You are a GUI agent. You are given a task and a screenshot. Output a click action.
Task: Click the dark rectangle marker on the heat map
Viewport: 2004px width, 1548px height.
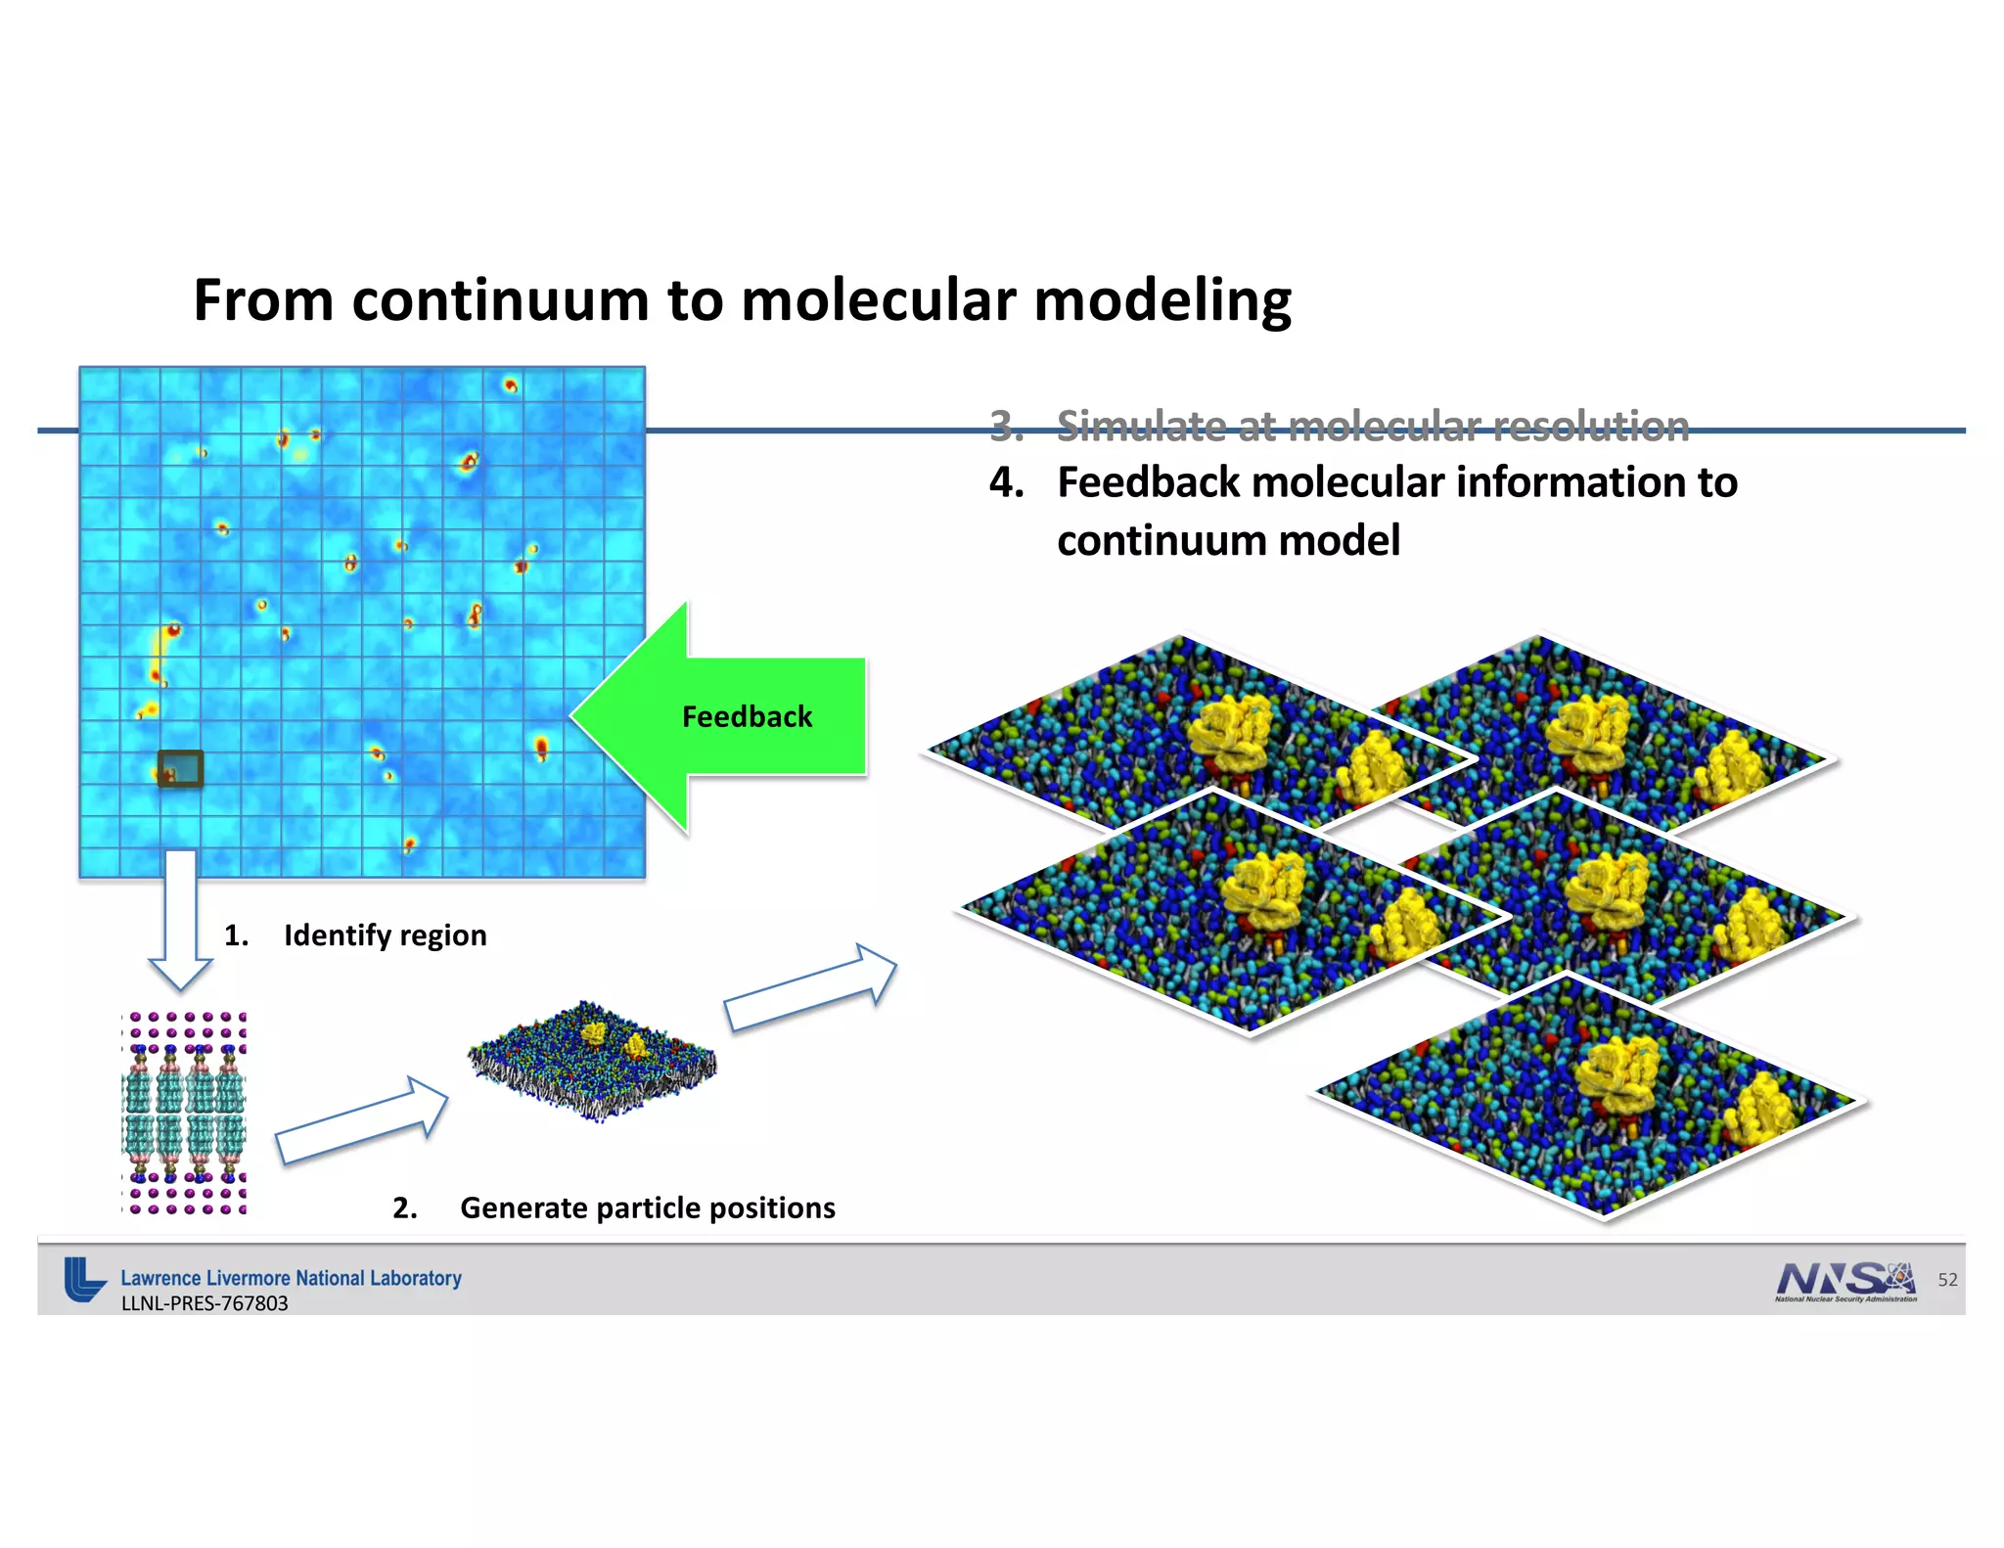pyautogui.click(x=181, y=768)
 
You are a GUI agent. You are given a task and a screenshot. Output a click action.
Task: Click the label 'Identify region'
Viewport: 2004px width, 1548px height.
pyautogui.click(x=385, y=935)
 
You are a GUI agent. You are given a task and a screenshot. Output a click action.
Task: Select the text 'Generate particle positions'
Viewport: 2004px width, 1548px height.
pyautogui.click(x=647, y=1208)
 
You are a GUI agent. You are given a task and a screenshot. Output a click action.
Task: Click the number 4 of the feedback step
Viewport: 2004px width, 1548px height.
pyautogui.click(x=1006, y=482)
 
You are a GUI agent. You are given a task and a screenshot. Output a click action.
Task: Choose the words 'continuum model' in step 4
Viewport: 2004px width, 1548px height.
pyautogui.click(x=1228, y=540)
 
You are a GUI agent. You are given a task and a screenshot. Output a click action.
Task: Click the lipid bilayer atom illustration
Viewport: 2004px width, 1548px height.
pyautogui.click(x=184, y=1114)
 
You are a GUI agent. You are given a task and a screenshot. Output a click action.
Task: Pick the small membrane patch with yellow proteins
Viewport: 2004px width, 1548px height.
pyautogui.click(x=593, y=1060)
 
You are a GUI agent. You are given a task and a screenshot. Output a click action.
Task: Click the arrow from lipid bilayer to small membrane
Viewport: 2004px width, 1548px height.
pyautogui.click(x=361, y=1121)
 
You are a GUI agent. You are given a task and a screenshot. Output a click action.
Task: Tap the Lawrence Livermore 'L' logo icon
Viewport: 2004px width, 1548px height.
pyautogui.click(x=84, y=1279)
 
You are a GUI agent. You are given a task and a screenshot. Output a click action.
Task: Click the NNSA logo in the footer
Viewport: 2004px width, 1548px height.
pyautogui.click(x=1845, y=1281)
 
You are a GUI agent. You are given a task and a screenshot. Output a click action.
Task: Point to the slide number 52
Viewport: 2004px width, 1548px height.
pyautogui.click(x=1947, y=1280)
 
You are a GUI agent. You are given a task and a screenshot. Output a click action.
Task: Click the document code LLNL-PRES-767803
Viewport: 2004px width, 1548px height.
pyautogui.click(x=205, y=1303)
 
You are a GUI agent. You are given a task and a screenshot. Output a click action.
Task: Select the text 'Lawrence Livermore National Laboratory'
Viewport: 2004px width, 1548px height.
pyautogui.click(x=291, y=1278)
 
